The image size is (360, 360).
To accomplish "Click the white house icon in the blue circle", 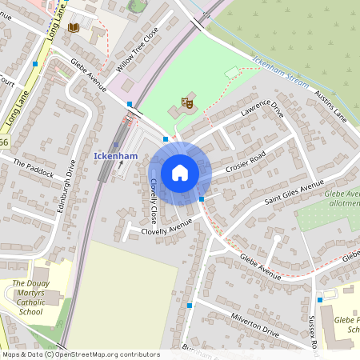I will click(180, 173).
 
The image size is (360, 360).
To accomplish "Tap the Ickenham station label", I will click(115, 154).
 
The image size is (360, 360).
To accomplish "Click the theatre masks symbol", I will click(187, 102).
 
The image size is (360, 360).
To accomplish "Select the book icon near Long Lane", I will click(74, 28).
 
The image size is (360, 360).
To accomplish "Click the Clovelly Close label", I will click(154, 200).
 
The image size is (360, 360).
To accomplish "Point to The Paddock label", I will click(33, 168).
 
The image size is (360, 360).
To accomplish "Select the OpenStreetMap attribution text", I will click(80, 354).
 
